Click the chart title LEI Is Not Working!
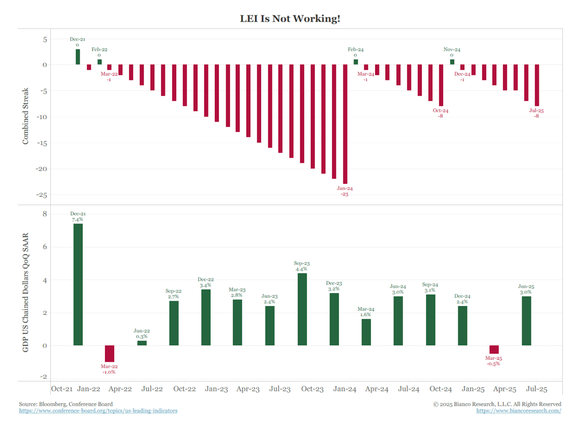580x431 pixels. point(290,19)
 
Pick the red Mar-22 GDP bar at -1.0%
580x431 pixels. point(110,354)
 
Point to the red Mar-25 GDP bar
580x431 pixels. point(494,350)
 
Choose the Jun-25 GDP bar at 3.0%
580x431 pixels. point(526,321)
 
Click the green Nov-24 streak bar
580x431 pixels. point(452,62)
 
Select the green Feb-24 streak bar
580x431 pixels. point(356,62)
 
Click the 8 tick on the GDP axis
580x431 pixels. point(44,214)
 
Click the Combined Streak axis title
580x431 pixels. point(25,116)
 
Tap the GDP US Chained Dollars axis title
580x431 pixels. point(25,292)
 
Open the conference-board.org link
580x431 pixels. point(98,411)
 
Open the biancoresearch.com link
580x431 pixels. point(519,411)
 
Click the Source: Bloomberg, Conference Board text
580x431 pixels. point(66,404)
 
